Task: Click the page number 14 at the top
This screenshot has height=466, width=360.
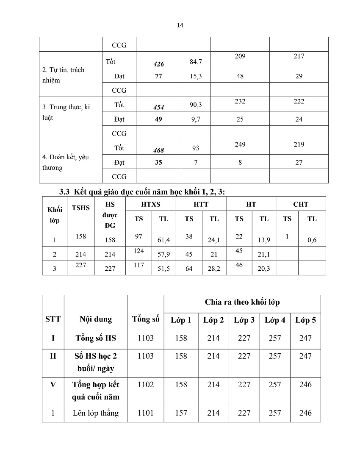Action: [x=180, y=25]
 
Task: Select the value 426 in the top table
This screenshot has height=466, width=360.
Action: [x=158, y=64]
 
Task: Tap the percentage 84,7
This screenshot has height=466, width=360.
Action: [x=196, y=62]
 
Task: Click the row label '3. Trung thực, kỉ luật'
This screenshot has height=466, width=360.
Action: [x=66, y=112]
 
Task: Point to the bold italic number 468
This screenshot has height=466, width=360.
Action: [x=158, y=150]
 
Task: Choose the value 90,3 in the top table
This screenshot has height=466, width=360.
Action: [x=196, y=105]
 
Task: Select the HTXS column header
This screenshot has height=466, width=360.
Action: [x=151, y=204]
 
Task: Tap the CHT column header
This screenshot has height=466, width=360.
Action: [x=301, y=204]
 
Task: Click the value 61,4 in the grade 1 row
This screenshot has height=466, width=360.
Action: [x=163, y=240]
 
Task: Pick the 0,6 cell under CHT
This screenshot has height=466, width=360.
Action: [x=312, y=240]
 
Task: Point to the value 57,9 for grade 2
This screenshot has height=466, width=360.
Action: [x=163, y=254]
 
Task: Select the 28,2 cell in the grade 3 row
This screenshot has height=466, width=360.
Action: [x=214, y=269]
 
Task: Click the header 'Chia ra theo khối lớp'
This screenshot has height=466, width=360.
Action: [x=242, y=302]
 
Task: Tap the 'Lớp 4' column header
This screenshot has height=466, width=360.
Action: [x=275, y=320]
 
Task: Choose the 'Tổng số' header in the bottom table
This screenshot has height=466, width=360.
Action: [x=146, y=319]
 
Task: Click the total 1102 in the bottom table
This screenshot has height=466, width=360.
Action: [x=146, y=385]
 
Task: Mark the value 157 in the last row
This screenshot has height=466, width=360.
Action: [x=181, y=413]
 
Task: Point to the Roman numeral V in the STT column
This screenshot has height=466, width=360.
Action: [x=53, y=385]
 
